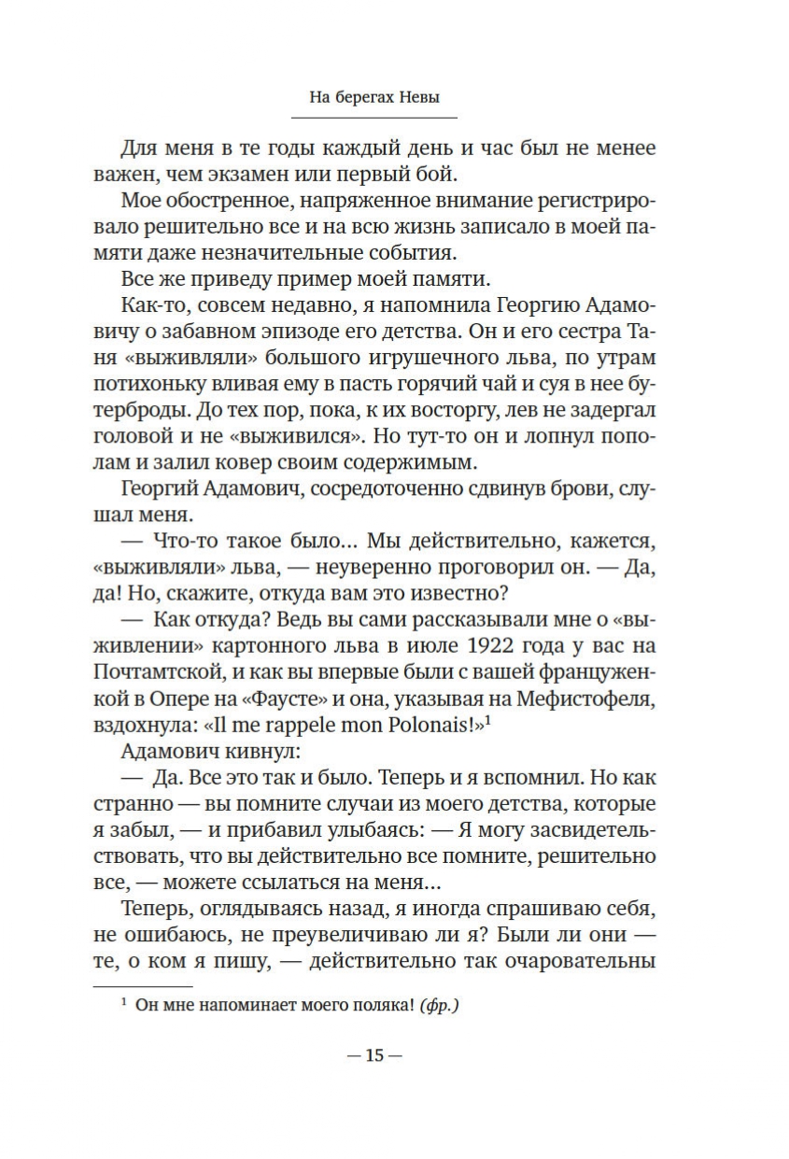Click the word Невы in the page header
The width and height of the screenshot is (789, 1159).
pyautogui.click(x=433, y=97)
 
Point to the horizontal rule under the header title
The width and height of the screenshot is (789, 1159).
pyautogui.click(x=374, y=118)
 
